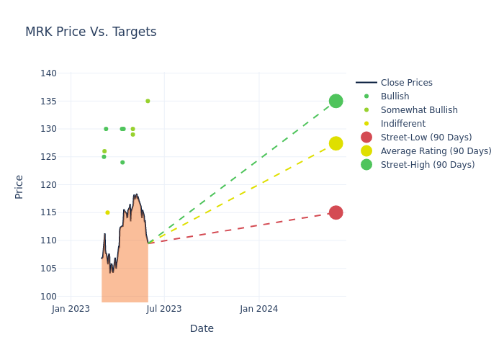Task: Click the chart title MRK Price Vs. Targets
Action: [91, 32]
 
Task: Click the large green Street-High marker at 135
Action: [336, 101]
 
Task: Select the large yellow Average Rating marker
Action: [336, 143]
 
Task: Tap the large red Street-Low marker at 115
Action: [336, 212]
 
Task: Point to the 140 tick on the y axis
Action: [48, 73]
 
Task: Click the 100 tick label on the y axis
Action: [48, 297]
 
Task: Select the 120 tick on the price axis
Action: [48, 185]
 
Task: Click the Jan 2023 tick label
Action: [71, 309]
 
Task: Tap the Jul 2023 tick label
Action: [164, 309]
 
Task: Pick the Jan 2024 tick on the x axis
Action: [259, 309]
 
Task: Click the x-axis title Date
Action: [202, 328]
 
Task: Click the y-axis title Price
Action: [19, 186]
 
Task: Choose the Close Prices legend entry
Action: [406, 83]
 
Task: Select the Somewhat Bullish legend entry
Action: [418, 110]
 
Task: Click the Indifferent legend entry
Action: [402, 124]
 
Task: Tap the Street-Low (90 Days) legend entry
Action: [426, 138]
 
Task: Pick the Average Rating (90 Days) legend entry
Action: [436, 151]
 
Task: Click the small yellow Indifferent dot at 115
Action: [107, 212]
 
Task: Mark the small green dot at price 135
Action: [148, 101]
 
